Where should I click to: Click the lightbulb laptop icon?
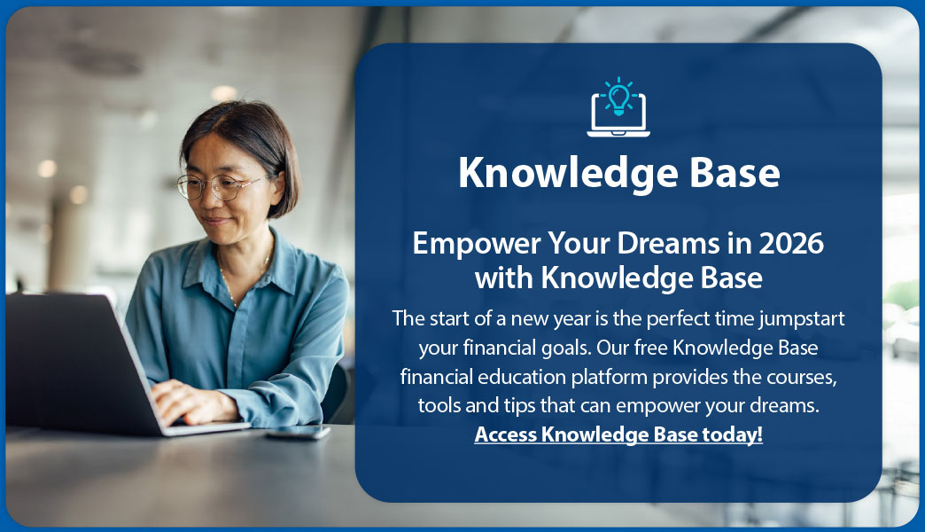(x=618, y=108)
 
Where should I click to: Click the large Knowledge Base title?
(x=618, y=174)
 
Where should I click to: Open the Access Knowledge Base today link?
(x=618, y=434)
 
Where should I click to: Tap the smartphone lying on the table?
(x=298, y=433)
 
